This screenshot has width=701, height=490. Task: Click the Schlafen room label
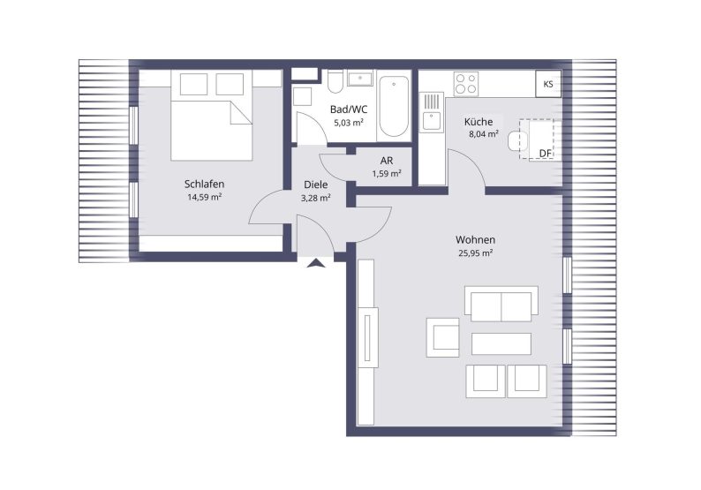click(x=204, y=184)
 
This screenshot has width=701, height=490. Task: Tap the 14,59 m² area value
click(x=205, y=197)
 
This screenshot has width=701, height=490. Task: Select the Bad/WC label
click(x=349, y=109)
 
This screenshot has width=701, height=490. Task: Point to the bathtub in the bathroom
click(x=394, y=107)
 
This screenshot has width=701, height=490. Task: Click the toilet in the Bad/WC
click(x=335, y=81)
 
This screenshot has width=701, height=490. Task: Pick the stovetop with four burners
click(x=466, y=84)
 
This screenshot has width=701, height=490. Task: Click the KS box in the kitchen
click(x=548, y=84)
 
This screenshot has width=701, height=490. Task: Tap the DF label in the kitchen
click(x=545, y=154)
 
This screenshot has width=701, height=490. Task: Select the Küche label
click(x=479, y=122)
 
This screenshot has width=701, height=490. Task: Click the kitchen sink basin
click(x=432, y=121)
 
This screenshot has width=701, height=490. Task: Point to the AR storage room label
click(x=387, y=161)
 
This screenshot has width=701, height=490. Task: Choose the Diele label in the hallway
click(x=316, y=185)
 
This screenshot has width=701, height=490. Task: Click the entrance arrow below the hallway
click(x=317, y=263)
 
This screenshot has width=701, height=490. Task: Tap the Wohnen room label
click(x=475, y=239)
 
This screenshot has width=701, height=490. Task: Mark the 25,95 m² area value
click(x=475, y=253)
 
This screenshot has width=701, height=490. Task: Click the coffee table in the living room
click(x=501, y=343)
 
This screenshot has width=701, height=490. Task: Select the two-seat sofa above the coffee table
click(x=501, y=304)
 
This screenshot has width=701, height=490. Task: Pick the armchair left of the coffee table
click(x=442, y=337)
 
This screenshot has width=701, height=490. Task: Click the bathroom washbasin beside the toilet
click(x=360, y=79)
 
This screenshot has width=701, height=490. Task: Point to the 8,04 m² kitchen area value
click(x=484, y=133)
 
